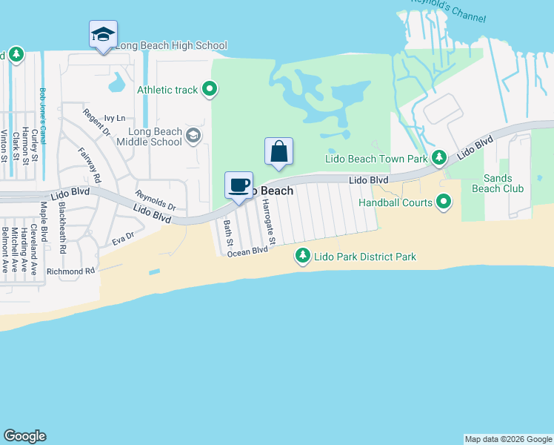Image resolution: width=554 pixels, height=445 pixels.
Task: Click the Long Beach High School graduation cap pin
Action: click(x=104, y=35)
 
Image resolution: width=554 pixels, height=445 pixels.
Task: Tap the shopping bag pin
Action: click(x=278, y=151)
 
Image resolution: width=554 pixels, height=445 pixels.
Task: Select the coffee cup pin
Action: click(x=238, y=185)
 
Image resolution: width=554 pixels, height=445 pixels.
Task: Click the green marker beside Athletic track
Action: click(x=210, y=90)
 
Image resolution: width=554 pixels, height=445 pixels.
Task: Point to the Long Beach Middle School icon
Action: click(x=193, y=134)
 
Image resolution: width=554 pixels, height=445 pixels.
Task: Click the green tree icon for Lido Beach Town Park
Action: click(x=439, y=157)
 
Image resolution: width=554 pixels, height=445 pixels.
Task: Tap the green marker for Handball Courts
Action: click(x=444, y=201)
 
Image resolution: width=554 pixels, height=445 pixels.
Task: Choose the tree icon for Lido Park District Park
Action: click(x=302, y=257)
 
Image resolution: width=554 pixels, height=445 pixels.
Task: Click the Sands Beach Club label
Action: click(x=504, y=183)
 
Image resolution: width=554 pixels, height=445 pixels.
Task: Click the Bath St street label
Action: click(x=230, y=232)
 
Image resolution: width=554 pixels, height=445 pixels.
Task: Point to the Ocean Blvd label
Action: click(x=247, y=252)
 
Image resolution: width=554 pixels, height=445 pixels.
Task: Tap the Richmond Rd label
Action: click(x=71, y=271)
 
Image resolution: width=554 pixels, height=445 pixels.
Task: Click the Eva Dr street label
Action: click(x=122, y=238)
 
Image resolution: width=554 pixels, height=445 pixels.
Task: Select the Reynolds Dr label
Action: click(x=156, y=200)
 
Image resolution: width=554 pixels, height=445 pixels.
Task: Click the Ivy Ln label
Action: click(x=115, y=118)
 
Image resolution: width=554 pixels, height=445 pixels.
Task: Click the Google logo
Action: click(x=24, y=436)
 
